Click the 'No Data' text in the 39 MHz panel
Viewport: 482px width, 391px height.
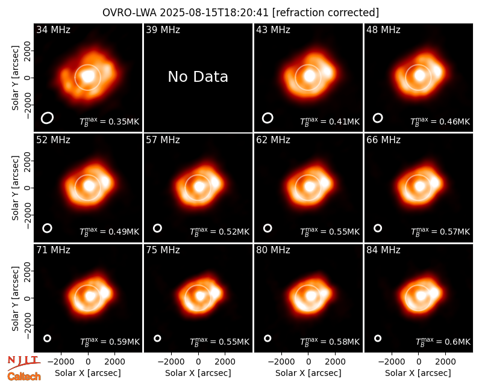click(198, 77)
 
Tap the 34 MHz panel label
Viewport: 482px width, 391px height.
click(53, 29)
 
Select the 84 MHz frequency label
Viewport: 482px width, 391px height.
click(383, 250)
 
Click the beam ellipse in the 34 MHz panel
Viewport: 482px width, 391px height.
click(48, 118)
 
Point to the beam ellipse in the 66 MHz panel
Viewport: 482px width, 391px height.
click(378, 228)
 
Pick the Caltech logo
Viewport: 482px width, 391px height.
click(24, 377)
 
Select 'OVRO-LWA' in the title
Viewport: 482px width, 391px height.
click(129, 13)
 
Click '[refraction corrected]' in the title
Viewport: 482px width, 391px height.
click(325, 13)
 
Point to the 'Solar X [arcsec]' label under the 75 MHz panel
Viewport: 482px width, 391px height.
click(198, 373)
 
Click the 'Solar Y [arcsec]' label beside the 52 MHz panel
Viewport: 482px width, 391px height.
click(15, 188)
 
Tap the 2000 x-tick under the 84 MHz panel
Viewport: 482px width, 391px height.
click(445, 362)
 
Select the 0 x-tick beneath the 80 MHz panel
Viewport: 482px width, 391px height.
click(308, 362)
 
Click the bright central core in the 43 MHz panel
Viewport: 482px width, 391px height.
click(310, 76)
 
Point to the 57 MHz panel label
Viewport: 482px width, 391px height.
click(163, 140)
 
